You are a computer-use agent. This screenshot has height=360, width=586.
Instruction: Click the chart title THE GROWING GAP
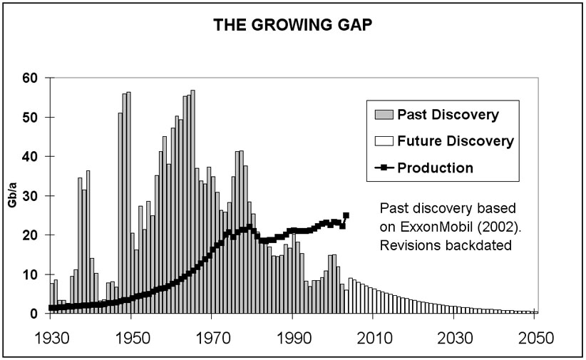coord(292,27)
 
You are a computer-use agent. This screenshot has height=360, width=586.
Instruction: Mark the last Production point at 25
coord(346,215)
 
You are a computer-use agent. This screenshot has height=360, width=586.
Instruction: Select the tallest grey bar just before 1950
coord(128,200)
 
